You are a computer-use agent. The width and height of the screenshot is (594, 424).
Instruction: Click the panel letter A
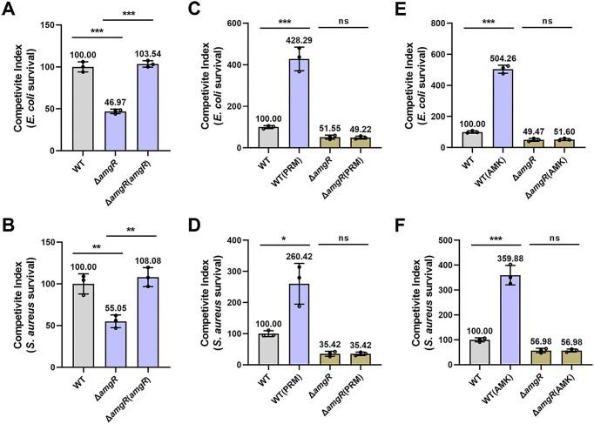point(8,10)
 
